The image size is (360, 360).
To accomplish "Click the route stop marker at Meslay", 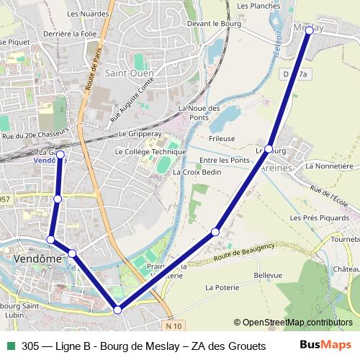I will point(309,30).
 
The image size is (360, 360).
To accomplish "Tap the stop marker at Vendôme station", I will point(60,155).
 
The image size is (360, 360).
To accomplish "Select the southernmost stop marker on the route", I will point(118,310).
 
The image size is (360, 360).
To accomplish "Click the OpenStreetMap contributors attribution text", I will point(297,322).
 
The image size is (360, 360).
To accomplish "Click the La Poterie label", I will point(222,287).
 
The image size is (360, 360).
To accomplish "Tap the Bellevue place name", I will point(268,275).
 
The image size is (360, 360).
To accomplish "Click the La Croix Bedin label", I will point(197,172).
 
